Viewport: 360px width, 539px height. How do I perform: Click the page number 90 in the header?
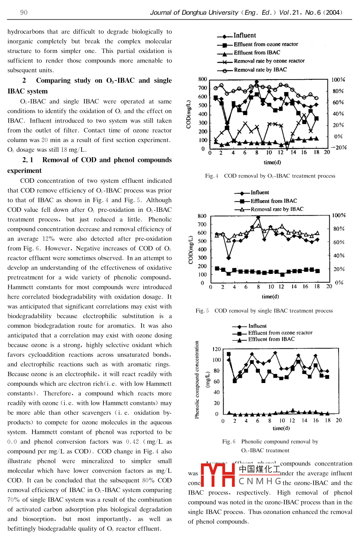pos(24,12)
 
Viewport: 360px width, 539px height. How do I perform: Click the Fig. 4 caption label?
pos(212,176)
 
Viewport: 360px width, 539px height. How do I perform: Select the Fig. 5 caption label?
pos(202,311)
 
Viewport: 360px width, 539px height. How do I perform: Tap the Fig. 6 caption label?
pos(229,441)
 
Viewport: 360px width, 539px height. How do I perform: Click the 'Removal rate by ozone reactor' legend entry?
pos(269,61)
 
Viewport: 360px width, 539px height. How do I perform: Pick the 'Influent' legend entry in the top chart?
pos(245,35)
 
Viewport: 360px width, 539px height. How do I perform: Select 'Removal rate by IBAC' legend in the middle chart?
pos(276,209)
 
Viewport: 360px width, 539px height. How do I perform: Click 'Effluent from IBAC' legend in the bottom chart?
pos(271,340)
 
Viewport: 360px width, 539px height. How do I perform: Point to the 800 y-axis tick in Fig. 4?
pos(202,79)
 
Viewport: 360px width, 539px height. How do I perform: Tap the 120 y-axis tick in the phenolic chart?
pos(216,349)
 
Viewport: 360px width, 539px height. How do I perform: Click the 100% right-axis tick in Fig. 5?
pos(339,215)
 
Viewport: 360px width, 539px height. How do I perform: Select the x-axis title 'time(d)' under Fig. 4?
pos(272,162)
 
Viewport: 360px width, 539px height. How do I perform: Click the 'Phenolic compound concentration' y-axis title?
pos(197,379)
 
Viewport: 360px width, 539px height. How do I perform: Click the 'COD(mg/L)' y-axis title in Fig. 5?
pos(191,250)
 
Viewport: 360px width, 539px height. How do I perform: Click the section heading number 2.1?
pos(28,160)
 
